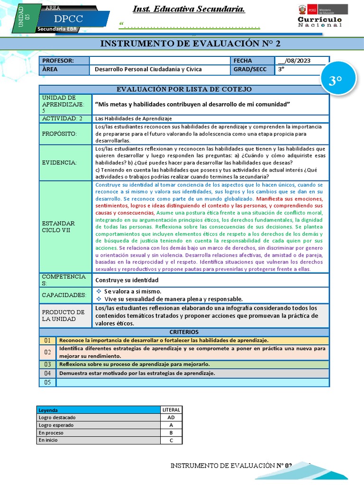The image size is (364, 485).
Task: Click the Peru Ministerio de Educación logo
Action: coord(322,9)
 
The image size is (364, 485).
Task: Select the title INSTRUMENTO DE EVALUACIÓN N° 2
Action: coord(191,44)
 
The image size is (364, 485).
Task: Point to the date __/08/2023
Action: coord(301,61)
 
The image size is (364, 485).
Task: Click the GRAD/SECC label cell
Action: coord(252,69)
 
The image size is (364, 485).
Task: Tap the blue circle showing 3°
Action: coord(335,81)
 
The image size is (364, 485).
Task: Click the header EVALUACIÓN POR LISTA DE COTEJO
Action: coord(184,89)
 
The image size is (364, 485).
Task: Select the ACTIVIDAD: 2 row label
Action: coord(65,118)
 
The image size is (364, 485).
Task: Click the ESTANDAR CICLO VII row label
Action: coord(65,226)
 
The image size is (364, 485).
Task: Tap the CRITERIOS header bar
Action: coord(184,332)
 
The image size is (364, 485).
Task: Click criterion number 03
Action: coord(47,364)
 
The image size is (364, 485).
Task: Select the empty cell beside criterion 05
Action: coord(192,382)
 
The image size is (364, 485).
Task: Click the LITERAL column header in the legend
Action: coord(171,410)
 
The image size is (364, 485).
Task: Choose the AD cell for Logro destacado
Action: coord(171,418)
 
